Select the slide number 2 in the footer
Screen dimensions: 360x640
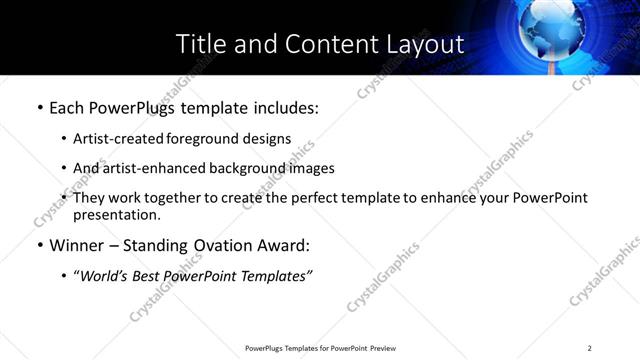pyautogui.click(x=590, y=348)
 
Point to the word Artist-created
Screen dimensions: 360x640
pyautogui.click(x=112, y=138)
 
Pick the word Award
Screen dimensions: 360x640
pyautogui.click(x=287, y=245)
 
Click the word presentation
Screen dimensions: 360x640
pyautogui.click(x=116, y=215)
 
